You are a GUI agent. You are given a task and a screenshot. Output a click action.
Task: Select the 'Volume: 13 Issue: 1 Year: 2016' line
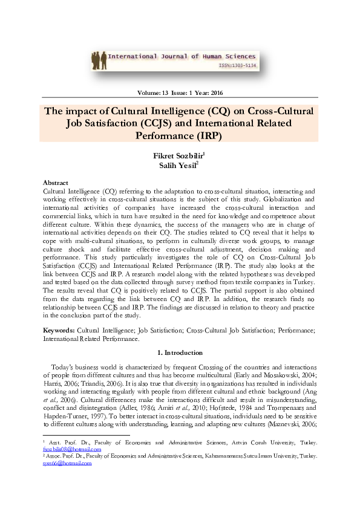[x=180, y=92]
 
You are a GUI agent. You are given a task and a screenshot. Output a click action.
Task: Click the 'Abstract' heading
[x=55, y=182]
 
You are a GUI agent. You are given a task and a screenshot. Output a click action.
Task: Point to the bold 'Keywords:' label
[x=59, y=331]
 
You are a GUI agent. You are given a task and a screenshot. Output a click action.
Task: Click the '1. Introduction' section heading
[x=180, y=352]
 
